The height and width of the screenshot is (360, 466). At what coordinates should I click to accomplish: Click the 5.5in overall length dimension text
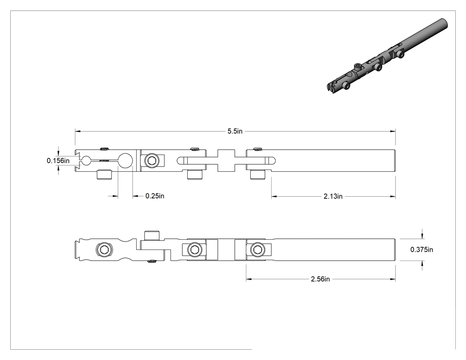(235, 131)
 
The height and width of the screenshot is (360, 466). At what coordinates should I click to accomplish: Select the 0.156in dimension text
(58, 161)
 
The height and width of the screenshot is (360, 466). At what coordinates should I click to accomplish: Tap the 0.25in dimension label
(154, 196)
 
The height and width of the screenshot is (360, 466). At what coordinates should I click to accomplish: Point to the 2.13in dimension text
(333, 196)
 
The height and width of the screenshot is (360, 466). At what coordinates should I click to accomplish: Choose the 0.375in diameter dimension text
(422, 249)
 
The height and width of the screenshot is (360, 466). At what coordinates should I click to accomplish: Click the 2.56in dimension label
(320, 279)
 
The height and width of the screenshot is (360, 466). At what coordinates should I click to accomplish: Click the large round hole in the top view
(126, 161)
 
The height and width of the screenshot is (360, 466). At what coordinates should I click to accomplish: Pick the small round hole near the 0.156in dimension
(86, 161)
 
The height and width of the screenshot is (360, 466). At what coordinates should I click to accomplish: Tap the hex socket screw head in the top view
(150, 161)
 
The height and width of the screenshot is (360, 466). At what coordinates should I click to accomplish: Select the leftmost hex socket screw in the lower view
(104, 249)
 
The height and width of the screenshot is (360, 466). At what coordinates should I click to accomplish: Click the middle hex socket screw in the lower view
(195, 249)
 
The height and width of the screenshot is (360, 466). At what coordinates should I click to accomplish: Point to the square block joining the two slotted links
(226, 161)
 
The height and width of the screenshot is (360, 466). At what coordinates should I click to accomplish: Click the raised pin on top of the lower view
(152, 235)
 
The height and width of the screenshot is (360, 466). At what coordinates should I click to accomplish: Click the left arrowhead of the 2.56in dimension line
(249, 279)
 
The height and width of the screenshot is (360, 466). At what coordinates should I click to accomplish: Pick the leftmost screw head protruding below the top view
(104, 174)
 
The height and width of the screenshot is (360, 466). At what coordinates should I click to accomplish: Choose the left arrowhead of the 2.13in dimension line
(274, 196)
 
